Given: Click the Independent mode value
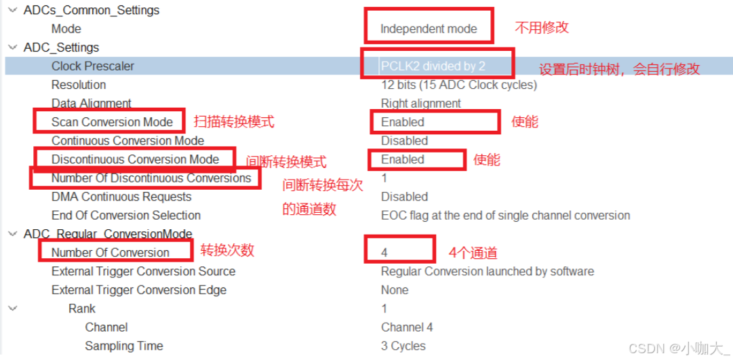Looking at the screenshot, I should pos(429,29).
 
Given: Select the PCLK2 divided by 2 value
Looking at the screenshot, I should pos(433,66).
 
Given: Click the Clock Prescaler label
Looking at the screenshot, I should pos(93,66).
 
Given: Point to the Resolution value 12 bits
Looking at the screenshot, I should pos(459,85).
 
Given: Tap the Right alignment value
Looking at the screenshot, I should pos(420,104).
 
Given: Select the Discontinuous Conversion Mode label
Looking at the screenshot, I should pos(135,159).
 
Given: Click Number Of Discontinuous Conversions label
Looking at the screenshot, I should pos(151,178).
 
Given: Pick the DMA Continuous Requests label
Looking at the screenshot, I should pos(121,197).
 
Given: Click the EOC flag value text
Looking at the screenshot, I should pos(505,216).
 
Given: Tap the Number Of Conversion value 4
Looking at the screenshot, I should pos(384,253).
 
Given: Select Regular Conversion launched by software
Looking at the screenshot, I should pos(487,271).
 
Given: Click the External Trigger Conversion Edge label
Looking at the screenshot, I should pos(139,290).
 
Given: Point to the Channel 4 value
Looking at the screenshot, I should pos(407,327).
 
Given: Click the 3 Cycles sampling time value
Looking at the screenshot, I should pos(403,346).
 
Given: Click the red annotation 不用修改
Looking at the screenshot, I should pos(542,28).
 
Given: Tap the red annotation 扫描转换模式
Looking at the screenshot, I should pos(234,122).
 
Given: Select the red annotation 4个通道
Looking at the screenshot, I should pos(473,254).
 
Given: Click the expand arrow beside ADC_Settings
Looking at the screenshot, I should pos(12,47).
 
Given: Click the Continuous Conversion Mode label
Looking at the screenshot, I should pos(127,141).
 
